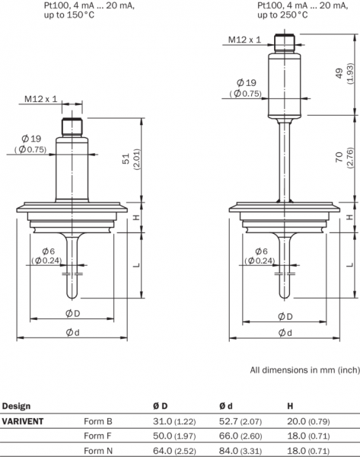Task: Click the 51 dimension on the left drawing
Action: [x=126, y=159]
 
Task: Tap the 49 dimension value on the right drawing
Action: [x=339, y=73]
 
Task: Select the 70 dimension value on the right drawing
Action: [x=339, y=158]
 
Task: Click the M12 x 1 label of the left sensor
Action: [x=41, y=99]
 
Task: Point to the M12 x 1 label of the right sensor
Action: [x=244, y=40]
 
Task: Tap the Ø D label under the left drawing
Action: [x=72, y=314]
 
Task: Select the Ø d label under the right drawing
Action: [x=285, y=333]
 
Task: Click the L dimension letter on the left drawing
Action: [x=137, y=265]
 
